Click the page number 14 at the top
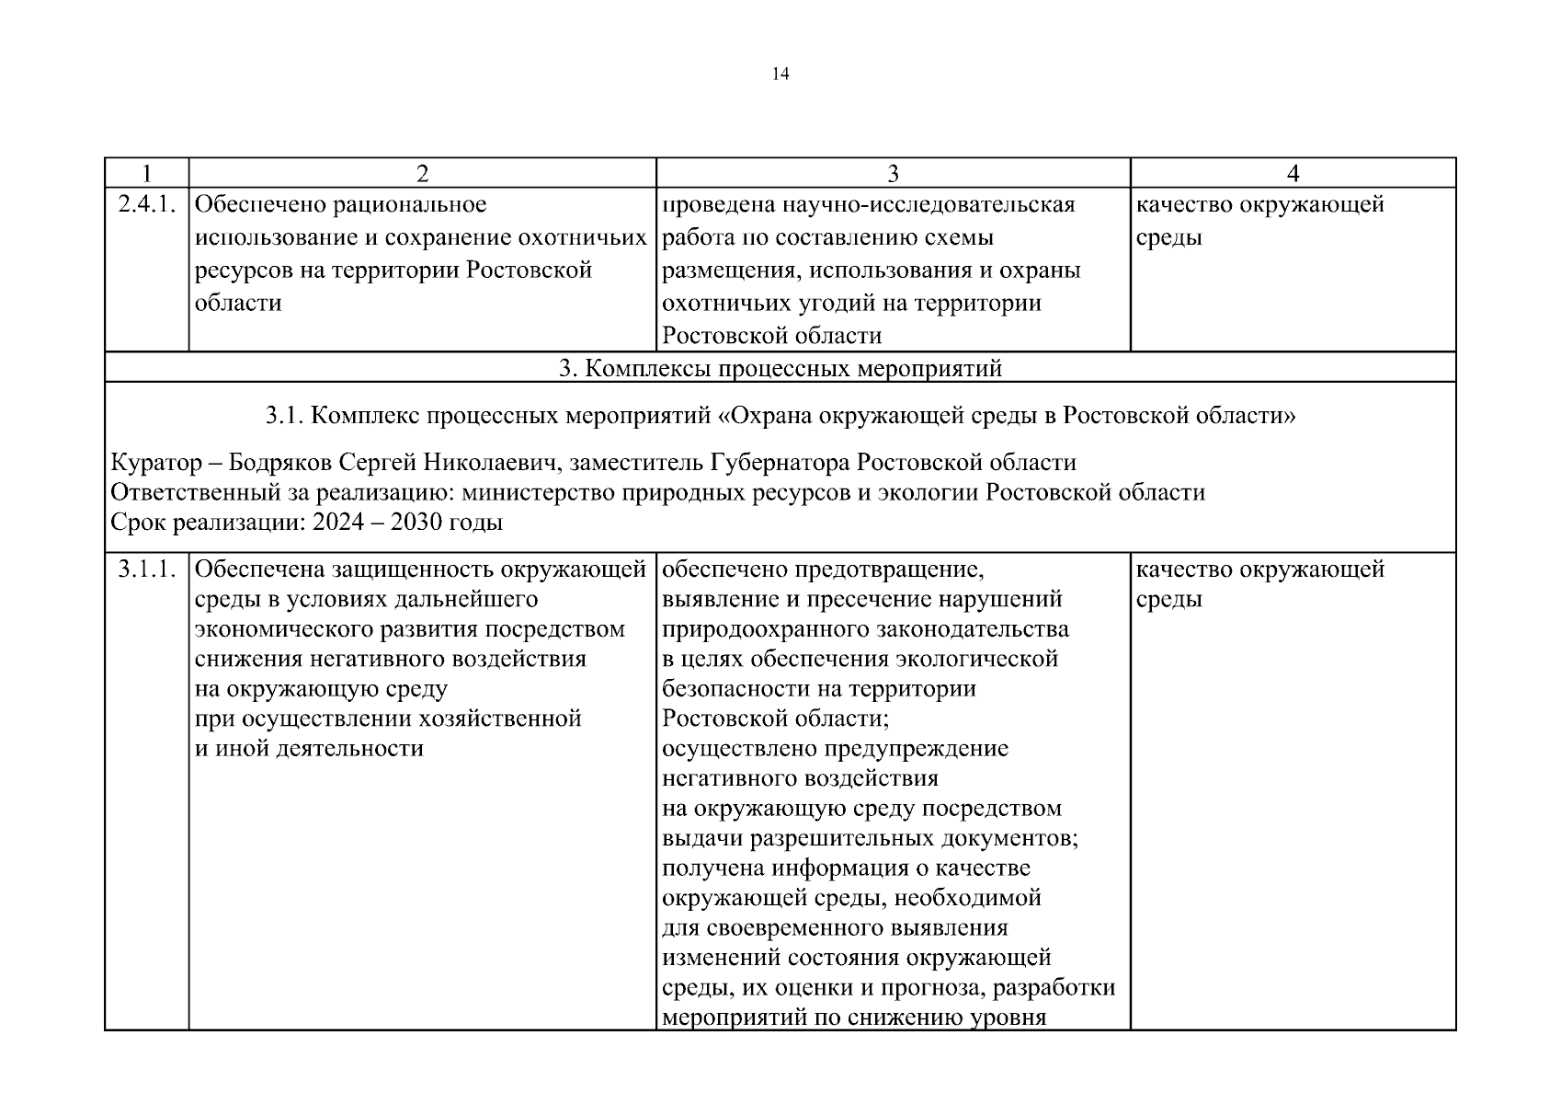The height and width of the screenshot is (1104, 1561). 780,75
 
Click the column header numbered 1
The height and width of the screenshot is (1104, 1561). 146,173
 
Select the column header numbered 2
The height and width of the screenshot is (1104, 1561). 422,173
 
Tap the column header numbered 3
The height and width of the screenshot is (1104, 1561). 893,173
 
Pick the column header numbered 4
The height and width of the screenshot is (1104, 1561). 1293,173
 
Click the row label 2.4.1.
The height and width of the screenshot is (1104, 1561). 146,204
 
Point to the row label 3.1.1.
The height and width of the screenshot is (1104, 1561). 146,569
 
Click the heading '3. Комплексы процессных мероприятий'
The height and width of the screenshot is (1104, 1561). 780,369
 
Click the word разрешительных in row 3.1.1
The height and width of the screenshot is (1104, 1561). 844,839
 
